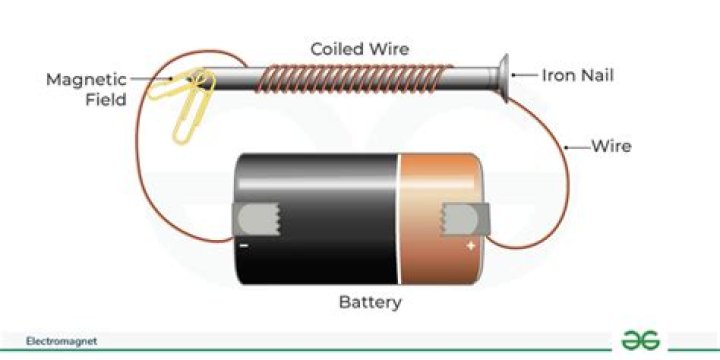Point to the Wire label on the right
[x=610, y=147]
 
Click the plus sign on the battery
[x=470, y=244]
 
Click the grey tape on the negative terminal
[x=256, y=218]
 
